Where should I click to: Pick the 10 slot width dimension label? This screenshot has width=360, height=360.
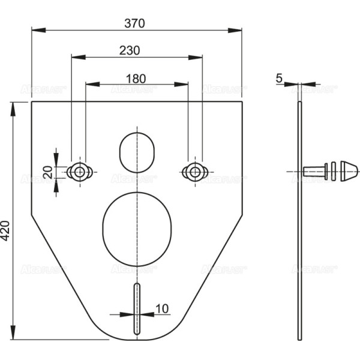(161, 308)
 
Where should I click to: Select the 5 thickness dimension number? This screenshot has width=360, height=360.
(280, 77)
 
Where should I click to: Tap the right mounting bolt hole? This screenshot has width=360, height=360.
(193, 172)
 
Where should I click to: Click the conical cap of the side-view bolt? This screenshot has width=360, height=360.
(346, 170)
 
